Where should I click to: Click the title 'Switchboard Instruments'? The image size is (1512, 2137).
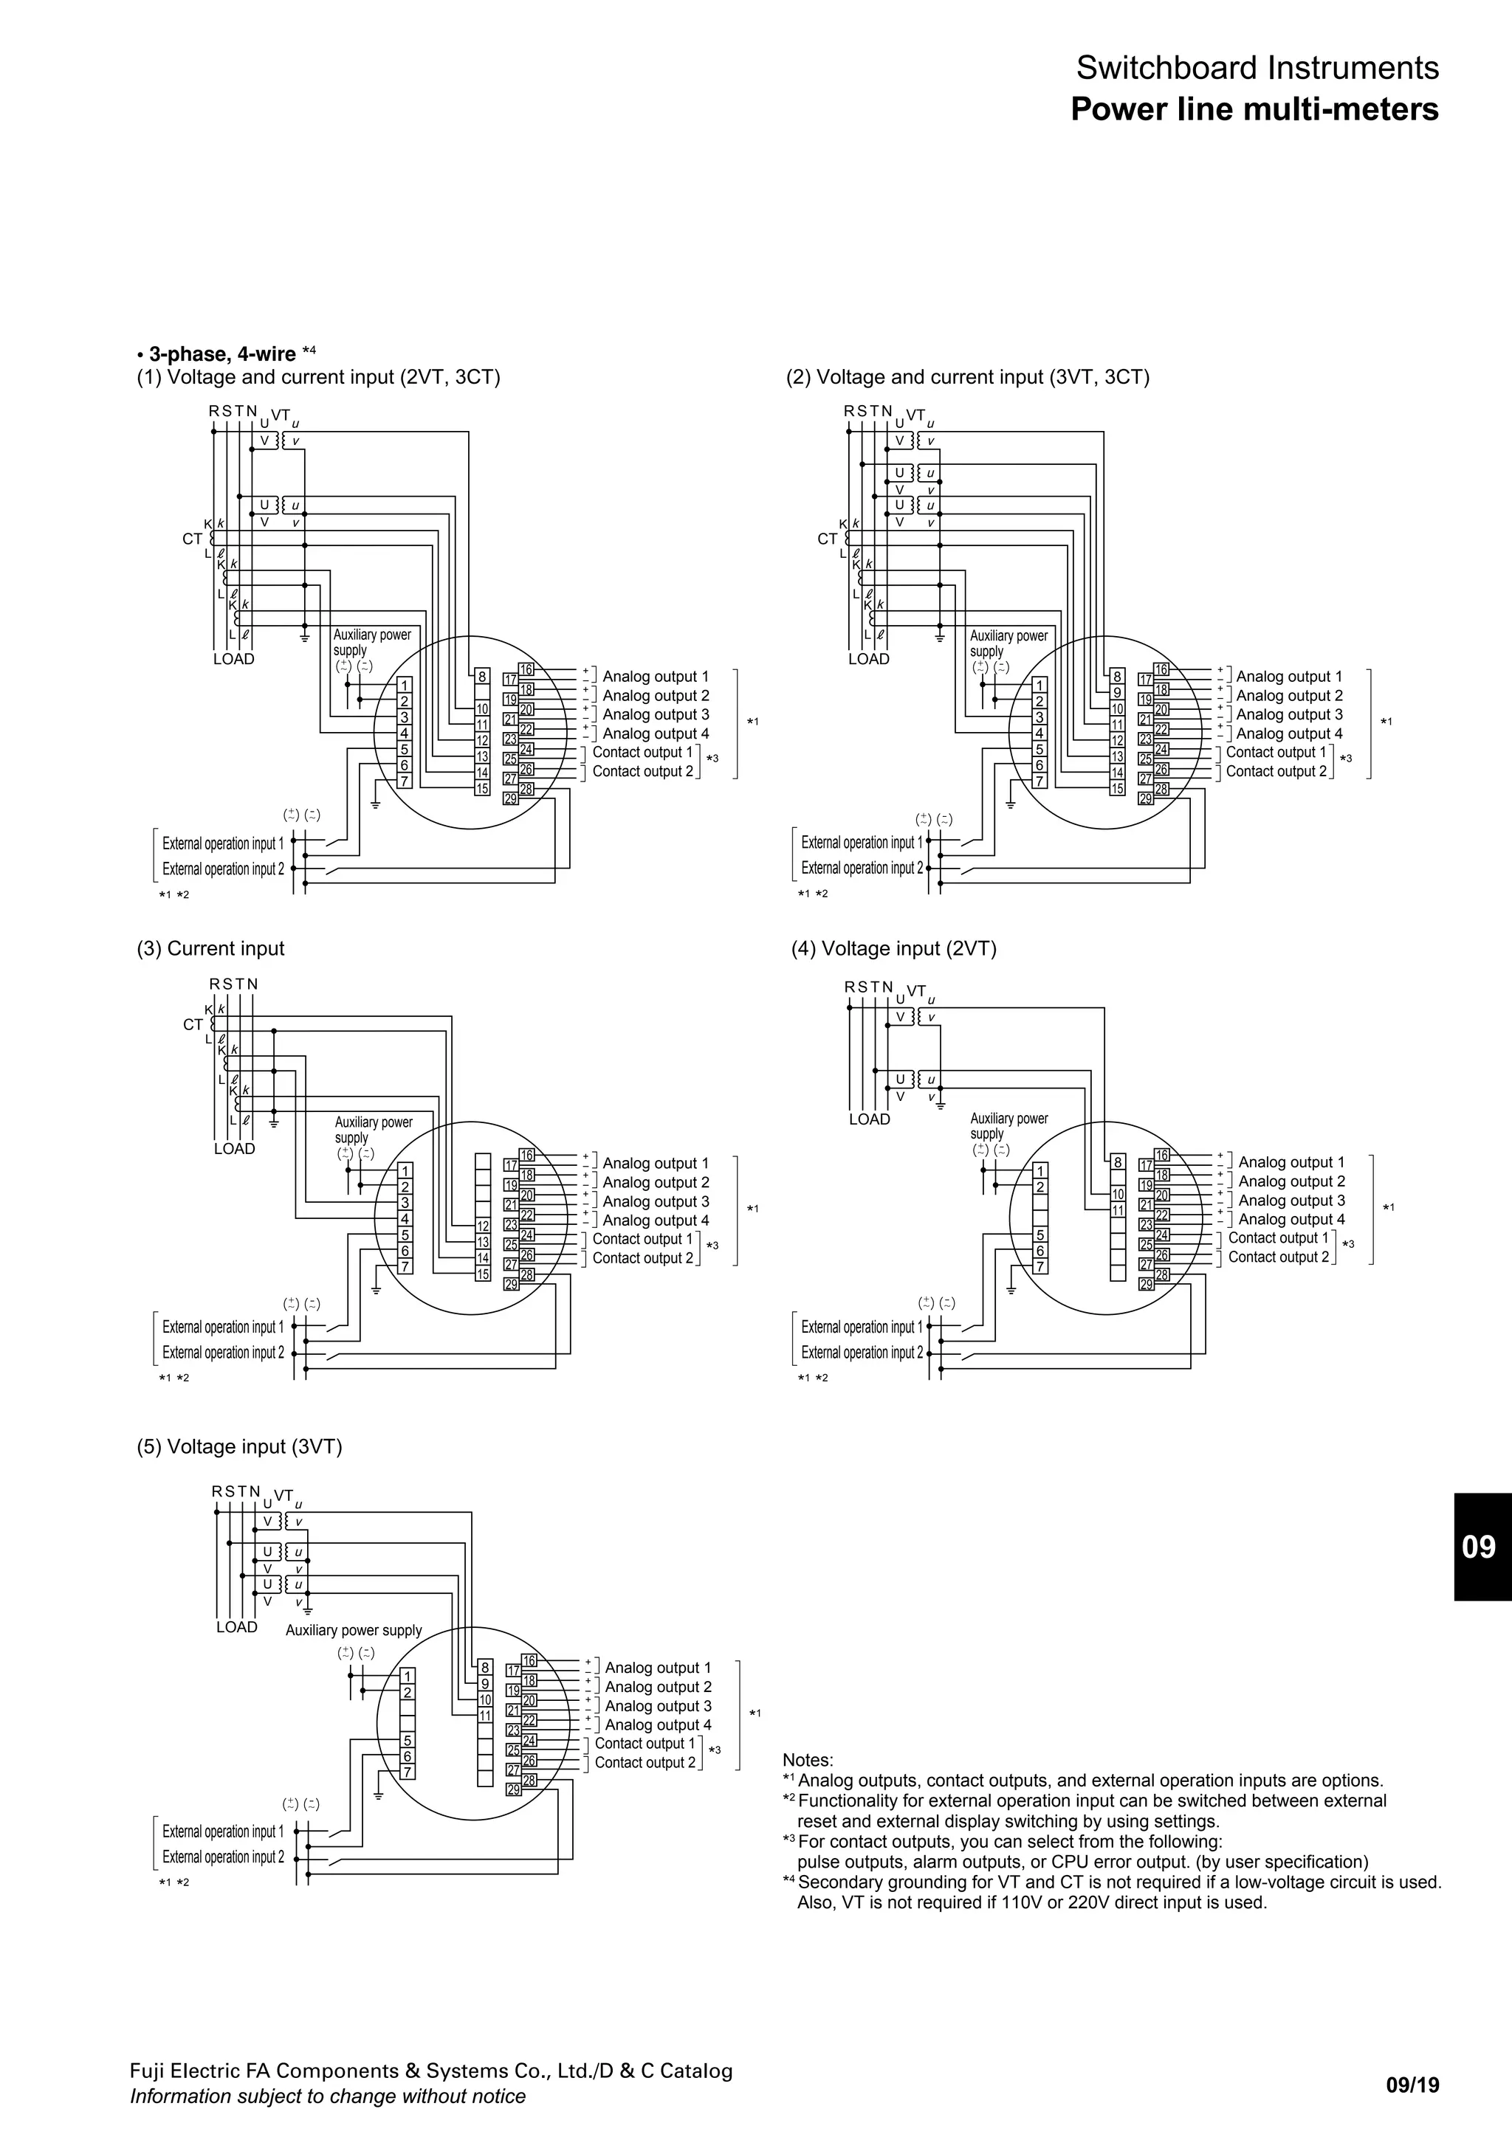tap(1257, 68)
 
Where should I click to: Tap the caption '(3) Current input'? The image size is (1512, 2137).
tap(210, 948)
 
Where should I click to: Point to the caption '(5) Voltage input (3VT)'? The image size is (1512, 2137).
tap(239, 1446)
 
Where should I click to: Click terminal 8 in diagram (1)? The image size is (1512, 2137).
tap(482, 677)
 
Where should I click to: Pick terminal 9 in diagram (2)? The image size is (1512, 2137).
tap(1117, 692)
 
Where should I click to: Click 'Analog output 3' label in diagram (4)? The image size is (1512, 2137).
tap(1291, 1201)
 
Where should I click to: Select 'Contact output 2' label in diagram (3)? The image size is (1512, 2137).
tap(642, 1258)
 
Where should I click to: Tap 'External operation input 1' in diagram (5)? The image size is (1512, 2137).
tap(222, 1831)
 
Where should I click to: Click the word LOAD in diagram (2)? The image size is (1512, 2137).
tap(869, 659)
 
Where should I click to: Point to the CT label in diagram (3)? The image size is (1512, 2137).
tap(193, 1025)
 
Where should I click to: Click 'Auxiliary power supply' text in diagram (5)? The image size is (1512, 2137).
tap(354, 1630)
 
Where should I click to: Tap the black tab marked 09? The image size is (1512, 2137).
tap(1479, 1546)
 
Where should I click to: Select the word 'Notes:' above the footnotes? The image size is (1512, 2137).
tap(807, 1760)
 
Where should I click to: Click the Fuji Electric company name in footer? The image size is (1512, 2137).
tap(431, 2071)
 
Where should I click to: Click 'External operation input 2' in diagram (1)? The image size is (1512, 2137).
tap(222, 869)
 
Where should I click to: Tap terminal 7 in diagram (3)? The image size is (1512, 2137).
tap(405, 1267)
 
